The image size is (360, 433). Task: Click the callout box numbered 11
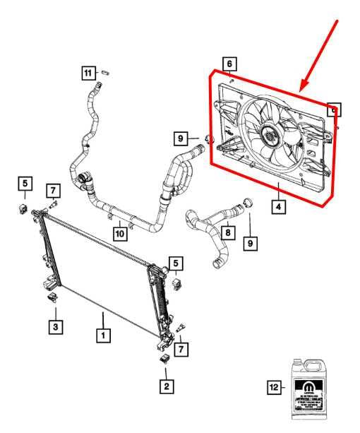(x=87, y=73)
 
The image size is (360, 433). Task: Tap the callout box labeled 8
(x=227, y=231)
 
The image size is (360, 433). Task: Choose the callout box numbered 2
(x=166, y=386)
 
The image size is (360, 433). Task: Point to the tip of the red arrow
(x=301, y=91)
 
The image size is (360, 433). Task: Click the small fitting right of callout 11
(x=104, y=71)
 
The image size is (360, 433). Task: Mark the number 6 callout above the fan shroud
(x=229, y=64)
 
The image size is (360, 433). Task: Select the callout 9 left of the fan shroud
(x=181, y=137)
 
